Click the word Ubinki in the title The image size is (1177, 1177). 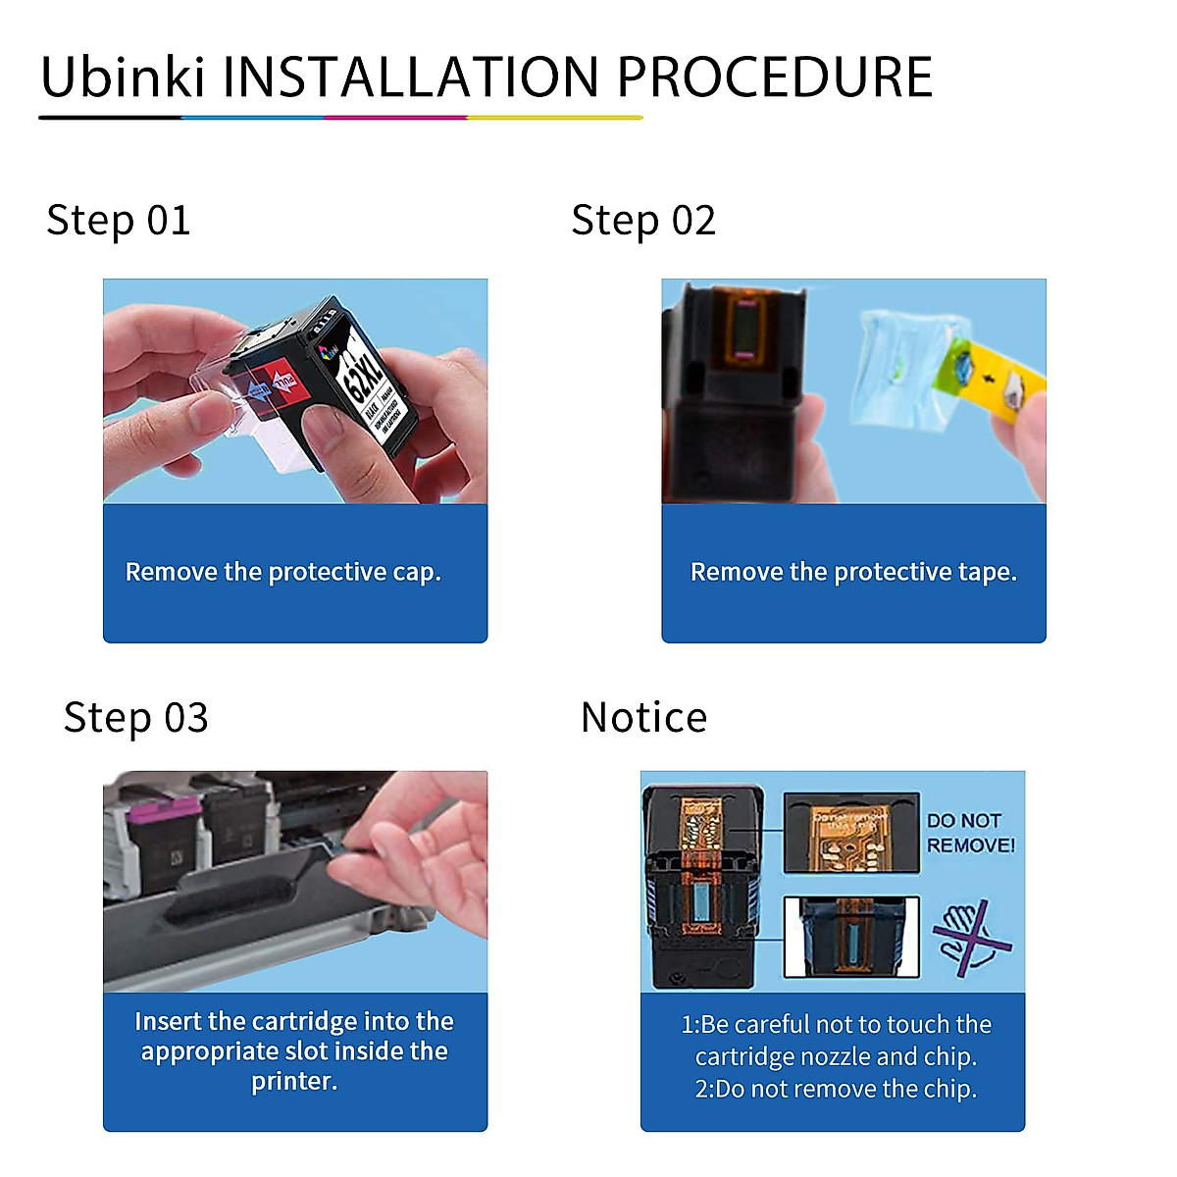[123, 77]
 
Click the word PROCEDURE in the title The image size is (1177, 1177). [774, 77]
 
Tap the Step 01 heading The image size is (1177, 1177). [119, 221]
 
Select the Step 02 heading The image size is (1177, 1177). [643, 221]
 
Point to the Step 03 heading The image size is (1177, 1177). [136, 718]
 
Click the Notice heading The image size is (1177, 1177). [643, 718]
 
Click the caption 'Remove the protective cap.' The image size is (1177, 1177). [283, 572]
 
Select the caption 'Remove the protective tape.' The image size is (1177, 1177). [853, 572]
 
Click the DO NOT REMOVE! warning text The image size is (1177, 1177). [970, 833]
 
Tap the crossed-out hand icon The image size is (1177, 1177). [970, 938]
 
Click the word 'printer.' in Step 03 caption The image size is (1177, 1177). [294, 1081]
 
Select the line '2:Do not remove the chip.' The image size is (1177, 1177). [836, 1089]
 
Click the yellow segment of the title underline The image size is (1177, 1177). [554, 118]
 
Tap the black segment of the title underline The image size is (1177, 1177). [110, 118]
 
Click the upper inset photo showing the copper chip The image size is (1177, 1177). [850, 833]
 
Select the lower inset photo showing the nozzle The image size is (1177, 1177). [850, 937]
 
